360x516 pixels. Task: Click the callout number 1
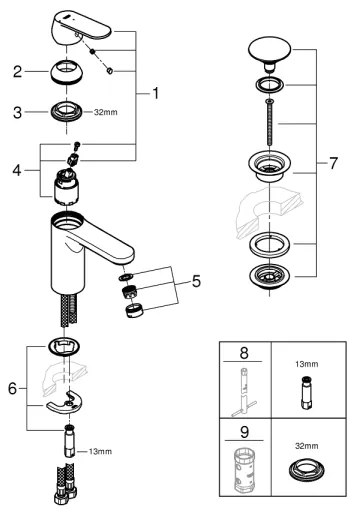click(x=157, y=94)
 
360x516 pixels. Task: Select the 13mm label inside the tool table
click(x=308, y=366)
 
